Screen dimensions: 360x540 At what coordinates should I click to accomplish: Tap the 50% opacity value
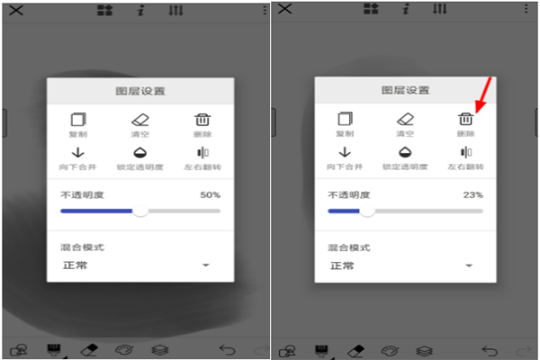tap(211, 194)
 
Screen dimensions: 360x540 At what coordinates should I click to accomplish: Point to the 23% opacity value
tap(473, 194)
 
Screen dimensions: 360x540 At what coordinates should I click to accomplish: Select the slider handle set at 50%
tap(140, 211)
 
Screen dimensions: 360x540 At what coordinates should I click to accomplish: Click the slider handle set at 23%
tap(366, 211)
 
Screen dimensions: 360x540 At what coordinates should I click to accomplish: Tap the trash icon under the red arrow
tap(465, 119)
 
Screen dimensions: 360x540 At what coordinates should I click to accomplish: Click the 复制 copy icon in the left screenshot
tap(77, 119)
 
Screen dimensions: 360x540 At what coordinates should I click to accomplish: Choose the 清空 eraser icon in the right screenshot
tap(406, 119)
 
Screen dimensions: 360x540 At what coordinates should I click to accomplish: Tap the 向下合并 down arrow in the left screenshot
tap(77, 152)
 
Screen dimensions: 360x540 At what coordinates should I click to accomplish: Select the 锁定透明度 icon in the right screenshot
tap(406, 152)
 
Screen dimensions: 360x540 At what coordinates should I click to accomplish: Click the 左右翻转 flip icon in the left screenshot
tap(202, 152)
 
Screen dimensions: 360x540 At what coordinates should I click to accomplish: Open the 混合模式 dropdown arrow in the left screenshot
tap(205, 265)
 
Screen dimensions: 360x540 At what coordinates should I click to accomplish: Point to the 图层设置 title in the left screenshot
tap(140, 91)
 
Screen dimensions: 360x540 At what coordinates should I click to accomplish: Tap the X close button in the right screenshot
tap(284, 9)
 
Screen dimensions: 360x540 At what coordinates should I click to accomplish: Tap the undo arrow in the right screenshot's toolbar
tap(490, 350)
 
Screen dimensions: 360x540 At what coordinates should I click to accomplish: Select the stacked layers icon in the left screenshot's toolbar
tap(158, 350)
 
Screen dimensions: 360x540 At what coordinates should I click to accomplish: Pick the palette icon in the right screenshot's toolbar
tap(390, 350)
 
